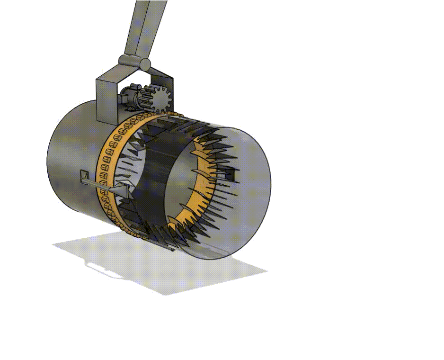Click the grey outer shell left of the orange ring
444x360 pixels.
point(71,161)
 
